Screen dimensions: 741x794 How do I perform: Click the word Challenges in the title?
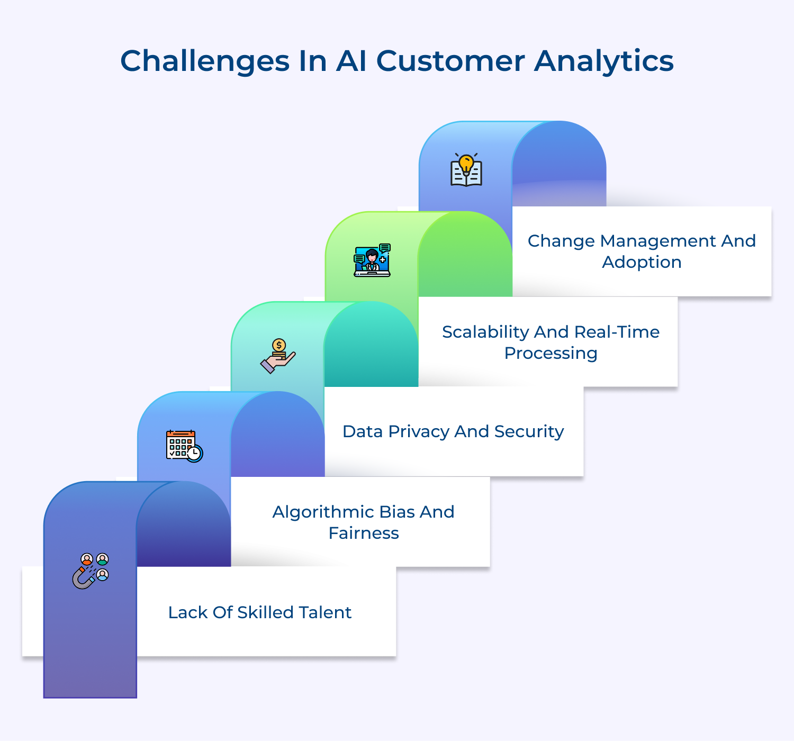tap(204, 61)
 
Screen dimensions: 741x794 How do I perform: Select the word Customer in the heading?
tap(450, 61)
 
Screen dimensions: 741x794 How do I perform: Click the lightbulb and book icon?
tap(466, 170)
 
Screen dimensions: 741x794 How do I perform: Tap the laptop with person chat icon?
tap(372, 260)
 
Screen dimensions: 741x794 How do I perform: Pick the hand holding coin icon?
tap(278, 356)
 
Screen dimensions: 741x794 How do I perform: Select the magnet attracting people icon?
tap(91, 571)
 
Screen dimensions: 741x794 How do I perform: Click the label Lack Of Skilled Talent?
tap(259, 612)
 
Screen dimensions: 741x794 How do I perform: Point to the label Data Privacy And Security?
tap(453, 431)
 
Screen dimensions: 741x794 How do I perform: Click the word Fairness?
tap(363, 533)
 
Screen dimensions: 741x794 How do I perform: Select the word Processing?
tap(551, 353)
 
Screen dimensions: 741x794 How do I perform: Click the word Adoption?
tap(642, 262)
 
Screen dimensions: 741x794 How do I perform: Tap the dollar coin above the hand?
tap(279, 346)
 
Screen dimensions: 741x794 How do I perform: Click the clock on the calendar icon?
tap(195, 454)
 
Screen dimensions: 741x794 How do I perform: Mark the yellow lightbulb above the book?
tap(466, 162)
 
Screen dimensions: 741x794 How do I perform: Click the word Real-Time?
tap(617, 332)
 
